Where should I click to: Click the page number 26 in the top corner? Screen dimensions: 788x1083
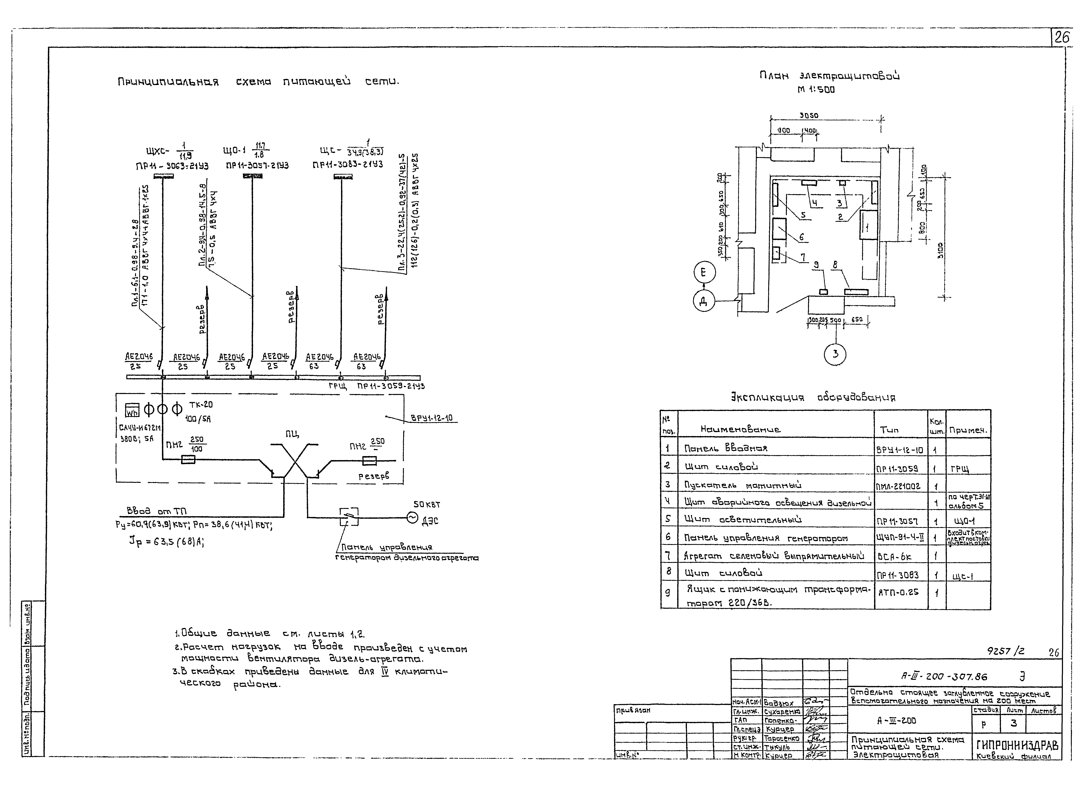tap(1061, 37)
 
